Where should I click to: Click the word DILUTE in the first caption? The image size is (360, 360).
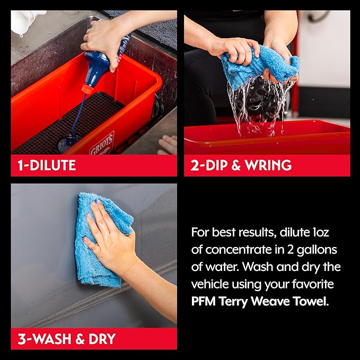pyautogui.click(x=52, y=165)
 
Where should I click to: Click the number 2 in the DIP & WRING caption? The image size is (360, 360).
pyautogui.click(x=195, y=165)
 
